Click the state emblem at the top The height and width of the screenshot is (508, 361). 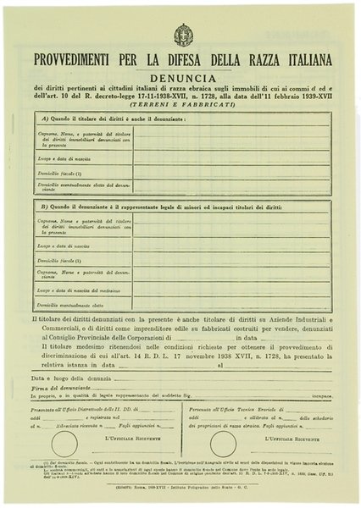click(x=182, y=34)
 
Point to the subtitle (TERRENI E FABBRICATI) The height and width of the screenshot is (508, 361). click(x=182, y=104)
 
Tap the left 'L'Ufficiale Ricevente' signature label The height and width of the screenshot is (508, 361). click(x=126, y=439)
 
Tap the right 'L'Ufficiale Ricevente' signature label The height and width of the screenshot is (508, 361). click(x=289, y=439)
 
